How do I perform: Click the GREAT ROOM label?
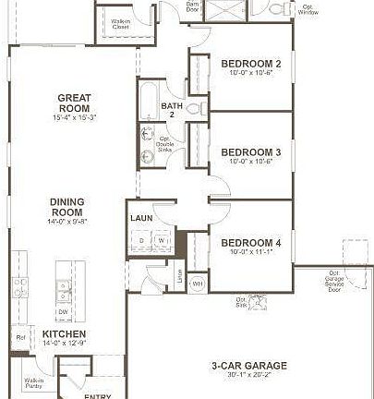[72, 102]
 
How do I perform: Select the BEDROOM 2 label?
[251, 64]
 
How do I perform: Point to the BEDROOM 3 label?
[251, 151]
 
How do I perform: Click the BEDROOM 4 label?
[251, 243]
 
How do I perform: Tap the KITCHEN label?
[65, 334]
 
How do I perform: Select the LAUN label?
[141, 219]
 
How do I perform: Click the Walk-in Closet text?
[120, 24]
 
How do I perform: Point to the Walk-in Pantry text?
[34, 384]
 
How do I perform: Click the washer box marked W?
[160, 241]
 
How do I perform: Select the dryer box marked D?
[141, 241]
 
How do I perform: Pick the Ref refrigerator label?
[20, 337]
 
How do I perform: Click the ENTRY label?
[97, 395]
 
